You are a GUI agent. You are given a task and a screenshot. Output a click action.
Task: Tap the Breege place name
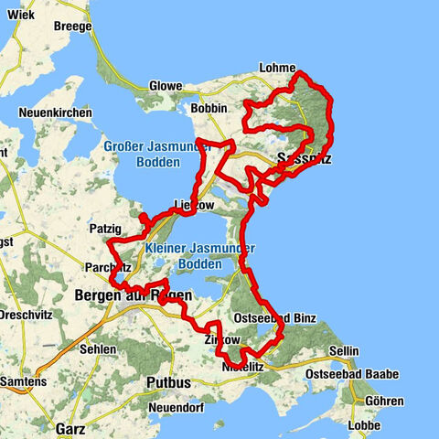[x=73, y=27]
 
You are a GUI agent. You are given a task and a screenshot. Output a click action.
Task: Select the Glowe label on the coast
[x=165, y=87]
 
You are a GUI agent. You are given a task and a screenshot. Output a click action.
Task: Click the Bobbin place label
[x=209, y=108]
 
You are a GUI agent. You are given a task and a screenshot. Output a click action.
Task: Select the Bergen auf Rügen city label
[x=133, y=295]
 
